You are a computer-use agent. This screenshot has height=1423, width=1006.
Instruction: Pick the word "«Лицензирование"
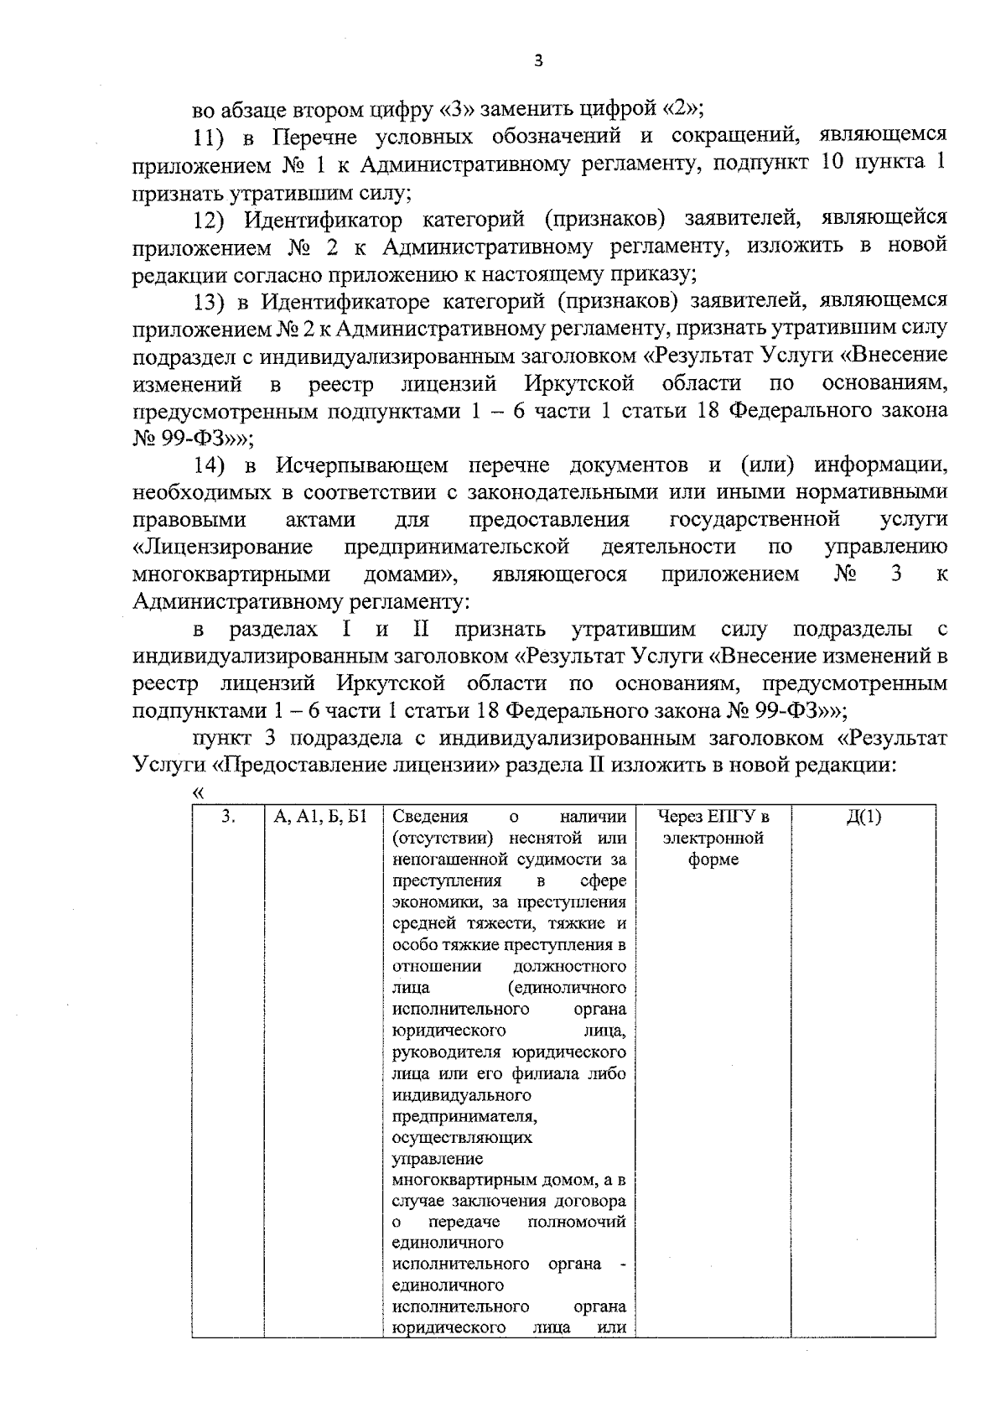[x=223, y=548]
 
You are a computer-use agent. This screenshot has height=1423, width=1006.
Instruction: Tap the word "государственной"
[x=755, y=520]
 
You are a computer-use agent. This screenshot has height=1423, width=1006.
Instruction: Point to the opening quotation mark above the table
[x=199, y=792]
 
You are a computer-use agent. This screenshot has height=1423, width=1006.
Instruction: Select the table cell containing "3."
[x=228, y=818]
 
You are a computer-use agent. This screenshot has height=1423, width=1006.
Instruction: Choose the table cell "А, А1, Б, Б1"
[x=322, y=818]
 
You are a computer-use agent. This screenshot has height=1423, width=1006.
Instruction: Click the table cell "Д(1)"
[x=863, y=818]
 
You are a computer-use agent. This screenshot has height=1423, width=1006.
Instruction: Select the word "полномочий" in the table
[x=577, y=1222]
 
